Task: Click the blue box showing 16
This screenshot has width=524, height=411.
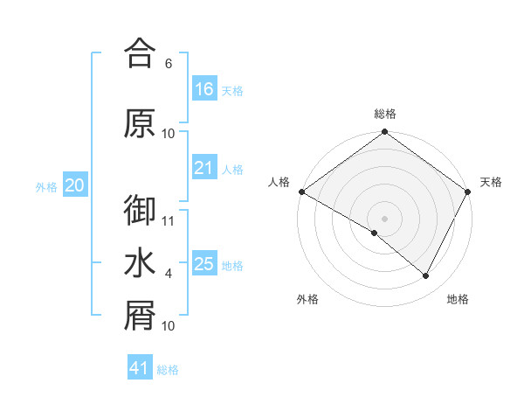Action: (x=204, y=89)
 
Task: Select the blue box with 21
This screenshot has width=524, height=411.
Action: (x=204, y=169)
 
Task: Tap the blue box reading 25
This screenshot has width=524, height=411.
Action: (x=204, y=265)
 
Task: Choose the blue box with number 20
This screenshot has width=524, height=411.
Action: (x=75, y=185)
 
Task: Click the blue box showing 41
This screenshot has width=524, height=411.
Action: (x=140, y=368)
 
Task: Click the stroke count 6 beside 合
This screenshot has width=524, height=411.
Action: (x=169, y=63)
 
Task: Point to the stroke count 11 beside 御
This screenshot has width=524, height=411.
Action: (x=169, y=220)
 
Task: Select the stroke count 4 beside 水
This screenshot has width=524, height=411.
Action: (x=169, y=274)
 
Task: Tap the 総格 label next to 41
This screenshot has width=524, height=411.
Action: (x=168, y=370)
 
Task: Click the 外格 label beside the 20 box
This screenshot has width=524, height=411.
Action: (x=46, y=186)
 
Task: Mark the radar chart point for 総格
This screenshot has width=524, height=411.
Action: (x=384, y=133)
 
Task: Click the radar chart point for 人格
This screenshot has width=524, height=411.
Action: (x=301, y=192)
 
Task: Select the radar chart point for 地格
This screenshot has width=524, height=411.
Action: (x=426, y=276)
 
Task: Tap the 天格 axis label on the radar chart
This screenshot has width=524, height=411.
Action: (x=491, y=182)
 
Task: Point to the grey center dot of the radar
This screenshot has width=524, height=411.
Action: (x=384, y=218)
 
